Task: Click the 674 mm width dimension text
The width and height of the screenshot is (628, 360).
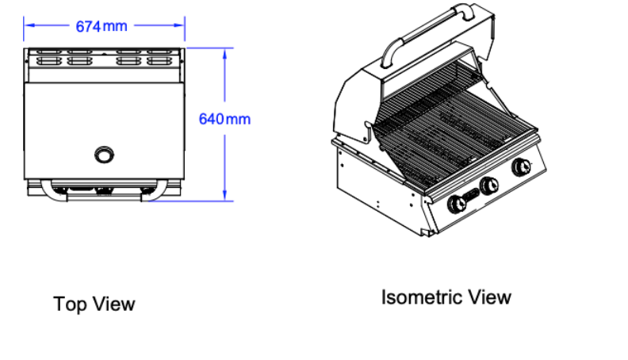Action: point(101,26)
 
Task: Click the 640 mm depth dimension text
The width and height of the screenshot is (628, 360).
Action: point(224,119)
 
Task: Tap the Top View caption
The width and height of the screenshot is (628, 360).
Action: point(94,304)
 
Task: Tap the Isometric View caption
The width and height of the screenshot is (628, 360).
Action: point(446,297)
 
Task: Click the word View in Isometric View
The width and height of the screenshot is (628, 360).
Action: point(490,297)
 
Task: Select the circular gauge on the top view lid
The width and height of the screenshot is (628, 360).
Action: point(104,155)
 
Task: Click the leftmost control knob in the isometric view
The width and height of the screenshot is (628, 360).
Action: point(457,205)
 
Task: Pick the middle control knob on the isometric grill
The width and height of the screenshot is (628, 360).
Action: point(489,186)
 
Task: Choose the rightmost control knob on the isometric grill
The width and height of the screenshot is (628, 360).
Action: point(522,167)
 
